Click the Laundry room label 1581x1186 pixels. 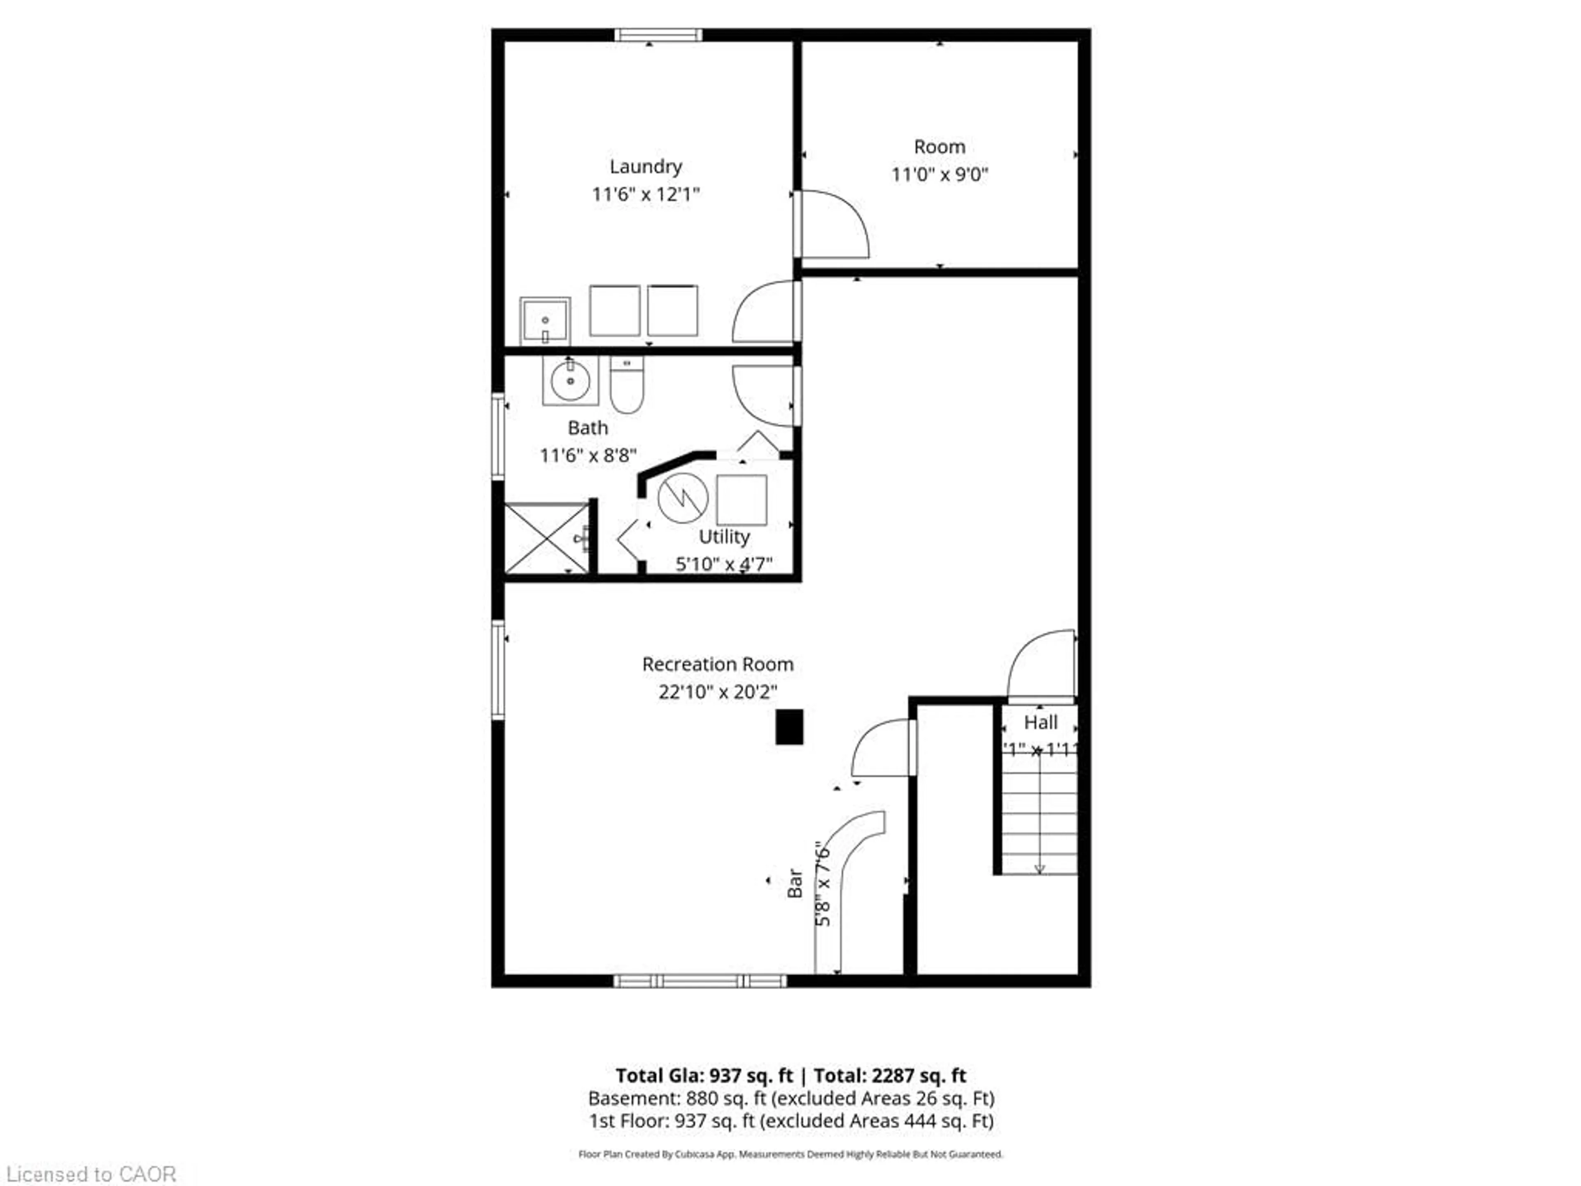click(646, 166)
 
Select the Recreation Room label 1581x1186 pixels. click(718, 664)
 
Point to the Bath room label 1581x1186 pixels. click(588, 427)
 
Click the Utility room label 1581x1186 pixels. click(724, 537)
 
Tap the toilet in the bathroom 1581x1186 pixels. click(627, 386)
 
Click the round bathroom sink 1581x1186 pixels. click(570, 381)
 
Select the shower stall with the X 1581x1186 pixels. click(546, 537)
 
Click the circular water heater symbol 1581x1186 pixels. click(683, 497)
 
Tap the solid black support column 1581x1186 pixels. click(789, 727)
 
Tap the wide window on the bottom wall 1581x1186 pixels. click(700, 981)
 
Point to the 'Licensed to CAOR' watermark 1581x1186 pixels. click(90, 1174)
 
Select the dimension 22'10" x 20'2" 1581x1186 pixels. click(718, 692)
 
